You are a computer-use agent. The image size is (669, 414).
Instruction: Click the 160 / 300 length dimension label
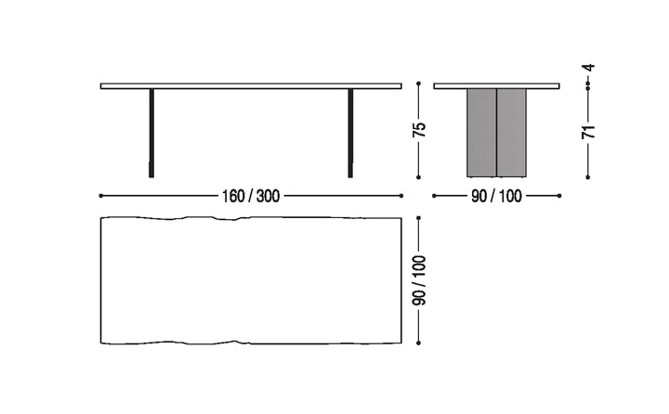tap(251, 196)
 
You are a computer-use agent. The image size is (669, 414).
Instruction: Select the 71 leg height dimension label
tap(587, 131)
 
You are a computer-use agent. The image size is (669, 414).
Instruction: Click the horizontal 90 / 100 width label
tap(497, 196)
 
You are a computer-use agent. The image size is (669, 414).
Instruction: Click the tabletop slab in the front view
tap(251, 85)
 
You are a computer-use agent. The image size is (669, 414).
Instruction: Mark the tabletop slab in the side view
tap(497, 86)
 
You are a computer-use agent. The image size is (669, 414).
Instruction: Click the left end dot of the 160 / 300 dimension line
tap(99, 196)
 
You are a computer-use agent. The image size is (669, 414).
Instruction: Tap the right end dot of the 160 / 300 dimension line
tap(401, 196)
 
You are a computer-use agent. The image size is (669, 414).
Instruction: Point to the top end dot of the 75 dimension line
tap(421, 84)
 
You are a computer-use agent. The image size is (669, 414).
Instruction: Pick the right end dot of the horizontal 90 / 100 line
tap(559, 196)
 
